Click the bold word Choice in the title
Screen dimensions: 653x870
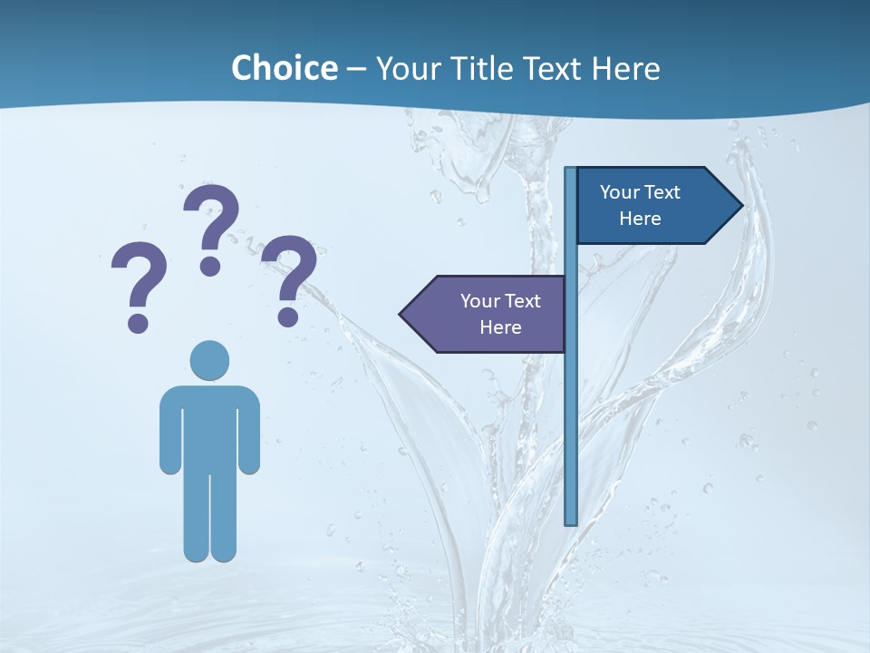tap(284, 68)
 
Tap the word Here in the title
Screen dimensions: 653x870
tap(625, 68)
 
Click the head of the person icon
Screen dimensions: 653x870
tap(209, 360)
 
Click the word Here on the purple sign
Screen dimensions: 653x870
tap(500, 327)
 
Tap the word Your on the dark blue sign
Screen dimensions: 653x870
tap(619, 192)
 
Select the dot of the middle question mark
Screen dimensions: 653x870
tap(210, 265)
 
